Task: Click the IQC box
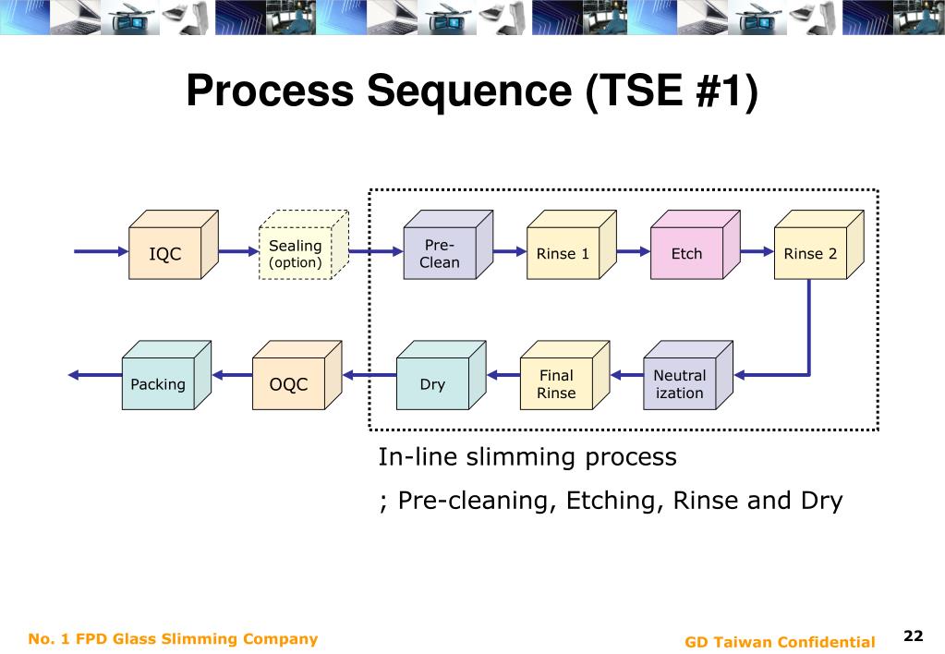point(174,245)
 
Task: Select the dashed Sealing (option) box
point(304,245)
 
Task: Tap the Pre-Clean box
point(448,245)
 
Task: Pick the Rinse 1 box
point(572,245)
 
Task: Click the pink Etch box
point(696,245)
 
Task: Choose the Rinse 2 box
point(819,245)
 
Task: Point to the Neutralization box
point(688,376)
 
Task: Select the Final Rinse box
point(564,376)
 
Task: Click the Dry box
point(442,376)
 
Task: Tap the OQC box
point(297,376)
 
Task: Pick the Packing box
point(166,376)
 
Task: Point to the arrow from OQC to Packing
point(232,375)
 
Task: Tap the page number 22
point(913,636)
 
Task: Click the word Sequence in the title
point(469,91)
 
